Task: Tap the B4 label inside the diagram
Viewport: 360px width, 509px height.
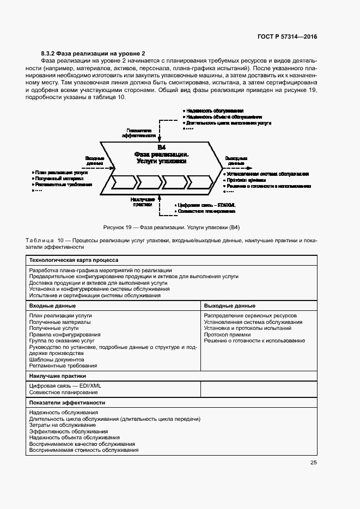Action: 162,148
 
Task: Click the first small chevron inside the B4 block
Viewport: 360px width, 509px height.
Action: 122,182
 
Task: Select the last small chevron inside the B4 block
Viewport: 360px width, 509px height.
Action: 200,182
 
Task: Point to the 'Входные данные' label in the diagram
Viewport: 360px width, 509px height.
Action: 94,161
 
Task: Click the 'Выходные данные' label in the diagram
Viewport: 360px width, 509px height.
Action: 236,161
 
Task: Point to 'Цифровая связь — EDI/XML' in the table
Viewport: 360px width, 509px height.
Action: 65,385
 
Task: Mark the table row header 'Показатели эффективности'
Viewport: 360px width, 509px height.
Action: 67,402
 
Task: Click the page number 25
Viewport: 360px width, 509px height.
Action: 313,463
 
